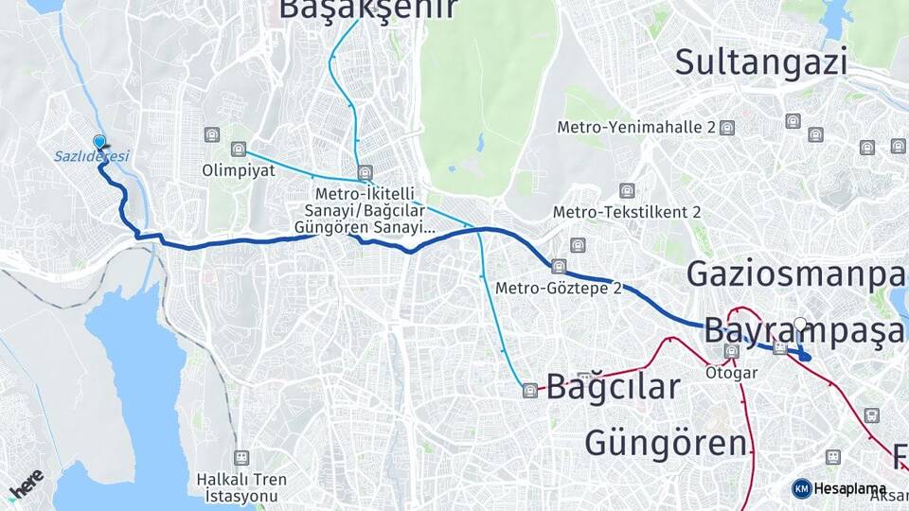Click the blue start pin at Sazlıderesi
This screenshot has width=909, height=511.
pos(99,143)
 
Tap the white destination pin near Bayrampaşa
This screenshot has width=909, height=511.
pos(800,325)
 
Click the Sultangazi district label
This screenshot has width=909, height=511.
pos(760,62)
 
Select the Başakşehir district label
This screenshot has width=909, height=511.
pos(367,9)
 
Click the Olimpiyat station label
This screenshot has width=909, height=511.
pos(238,171)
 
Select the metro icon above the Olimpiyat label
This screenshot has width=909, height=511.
pos(238,149)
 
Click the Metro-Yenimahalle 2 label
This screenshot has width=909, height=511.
pos(636,127)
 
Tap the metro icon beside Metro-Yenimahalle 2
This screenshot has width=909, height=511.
pos(727,128)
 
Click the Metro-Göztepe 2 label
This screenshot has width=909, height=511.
pos(558,288)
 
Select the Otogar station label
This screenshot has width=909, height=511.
pos(731,373)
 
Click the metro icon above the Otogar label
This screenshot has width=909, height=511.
pos(731,351)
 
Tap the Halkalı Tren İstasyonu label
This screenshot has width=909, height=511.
pos(241,486)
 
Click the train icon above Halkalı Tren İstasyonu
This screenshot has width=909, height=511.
pos(241,457)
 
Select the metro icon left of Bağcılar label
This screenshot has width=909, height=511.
pos(529,389)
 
